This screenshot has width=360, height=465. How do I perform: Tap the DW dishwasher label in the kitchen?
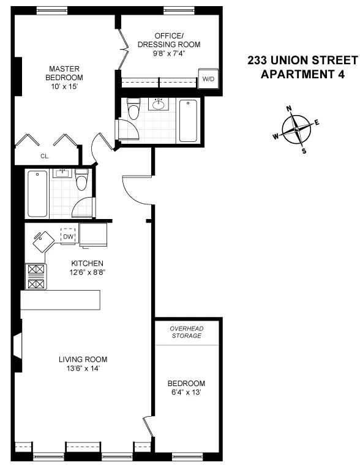click(x=68, y=237)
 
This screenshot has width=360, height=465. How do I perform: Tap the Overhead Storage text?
click(x=186, y=332)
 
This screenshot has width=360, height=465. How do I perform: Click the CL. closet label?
click(x=45, y=156)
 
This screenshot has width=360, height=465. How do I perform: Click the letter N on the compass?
click(x=289, y=109)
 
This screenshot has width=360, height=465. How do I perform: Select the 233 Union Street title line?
click(x=302, y=61)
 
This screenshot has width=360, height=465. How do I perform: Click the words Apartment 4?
click(x=302, y=75)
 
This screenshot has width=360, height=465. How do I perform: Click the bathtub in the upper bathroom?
click(x=187, y=121)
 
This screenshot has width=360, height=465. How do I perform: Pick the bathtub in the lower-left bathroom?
click(x=38, y=194)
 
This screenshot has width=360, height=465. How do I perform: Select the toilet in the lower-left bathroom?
click(x=82, y=180)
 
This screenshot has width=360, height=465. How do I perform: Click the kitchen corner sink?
click(x=43, y=240)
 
